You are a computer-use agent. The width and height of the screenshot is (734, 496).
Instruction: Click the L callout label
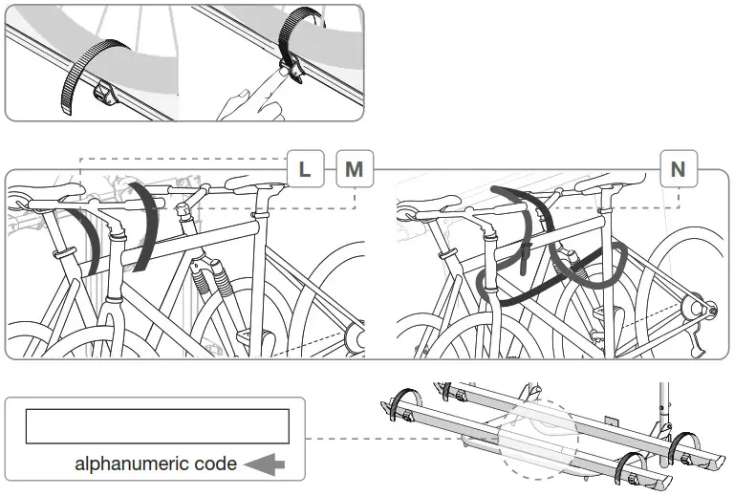click(x=305, y=169)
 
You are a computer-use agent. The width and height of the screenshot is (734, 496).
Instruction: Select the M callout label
click(x=354, y=169)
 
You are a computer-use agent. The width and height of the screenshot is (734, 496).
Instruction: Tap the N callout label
click(x=678, y=169)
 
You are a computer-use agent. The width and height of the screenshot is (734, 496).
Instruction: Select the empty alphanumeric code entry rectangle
click(x=157, y=425)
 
